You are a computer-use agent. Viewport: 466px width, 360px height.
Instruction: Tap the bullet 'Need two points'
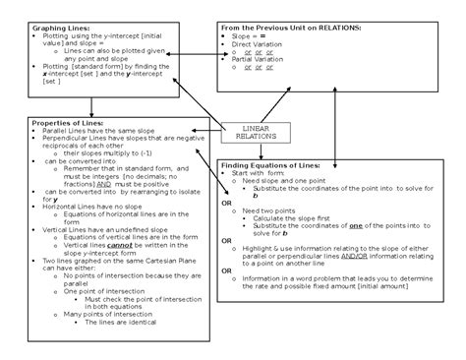click(269, 210)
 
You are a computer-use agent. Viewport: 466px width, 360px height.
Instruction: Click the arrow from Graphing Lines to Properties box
click(91, 105)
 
